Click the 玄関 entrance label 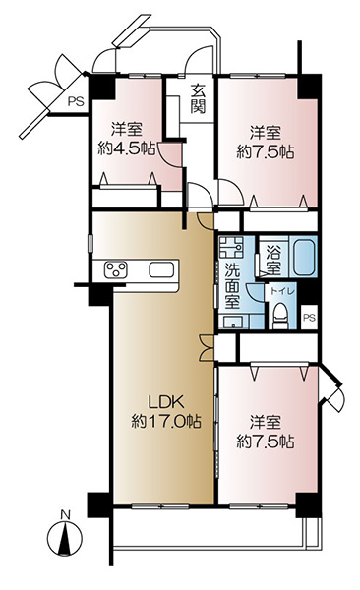198,98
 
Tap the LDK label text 165,402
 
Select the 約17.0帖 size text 166,421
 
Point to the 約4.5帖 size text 127,149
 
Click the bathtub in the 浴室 304,258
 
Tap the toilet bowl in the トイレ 280,316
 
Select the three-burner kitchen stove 116,269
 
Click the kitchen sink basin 161,269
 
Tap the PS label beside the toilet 309,318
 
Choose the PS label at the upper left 76,101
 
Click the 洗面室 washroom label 233,285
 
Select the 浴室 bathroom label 273,260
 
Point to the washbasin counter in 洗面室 233,323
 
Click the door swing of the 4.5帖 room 170,154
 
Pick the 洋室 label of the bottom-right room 266,422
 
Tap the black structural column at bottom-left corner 99,505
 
